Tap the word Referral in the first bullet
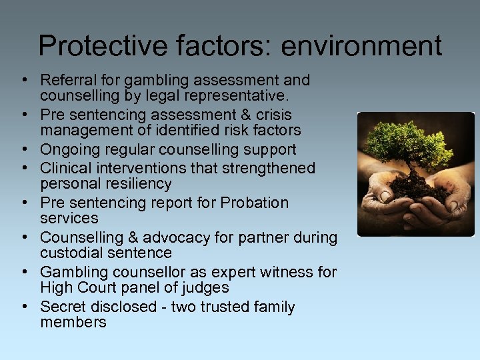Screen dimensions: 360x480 pos(65,81)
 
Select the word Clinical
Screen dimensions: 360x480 pos(65,169)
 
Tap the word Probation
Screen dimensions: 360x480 pos(255,203)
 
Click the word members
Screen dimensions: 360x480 pos(73,322)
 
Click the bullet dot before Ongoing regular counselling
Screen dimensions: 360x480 pos(24,150)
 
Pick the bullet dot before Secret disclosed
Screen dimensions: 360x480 pos(24,307)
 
